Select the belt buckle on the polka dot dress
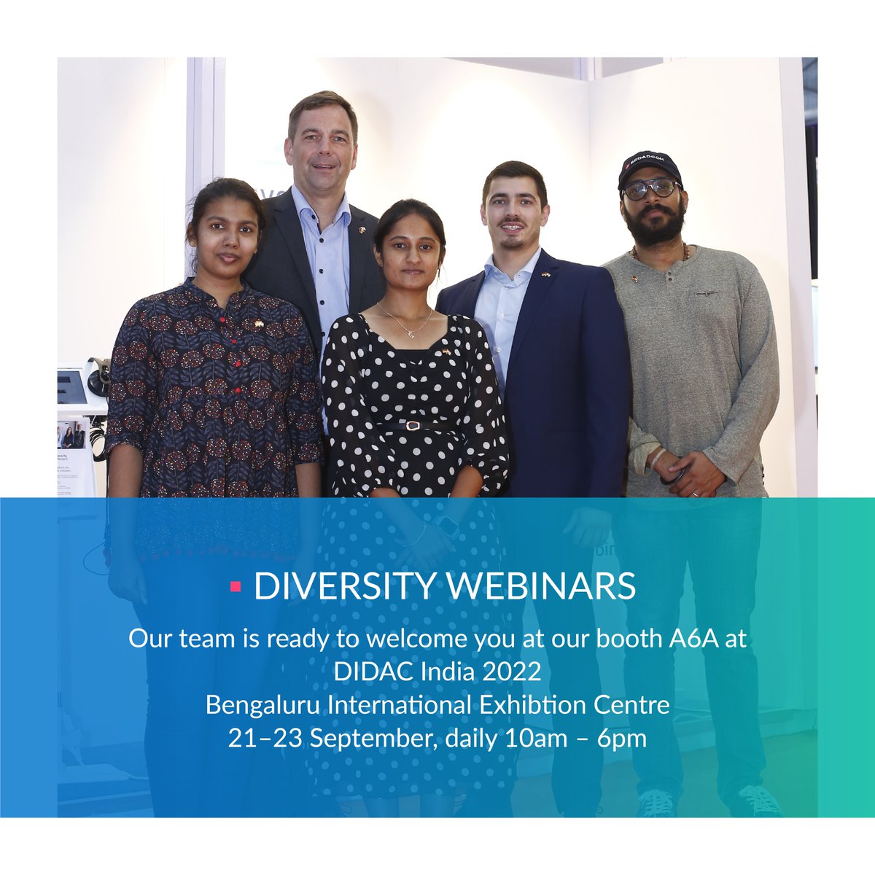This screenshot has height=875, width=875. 413,425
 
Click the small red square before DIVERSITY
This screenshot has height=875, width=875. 236,586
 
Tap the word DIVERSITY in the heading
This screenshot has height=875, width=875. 340,587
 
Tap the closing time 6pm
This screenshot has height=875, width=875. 621,738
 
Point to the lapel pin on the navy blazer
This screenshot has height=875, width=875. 545,275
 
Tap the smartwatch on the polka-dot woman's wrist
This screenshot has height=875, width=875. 446,525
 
